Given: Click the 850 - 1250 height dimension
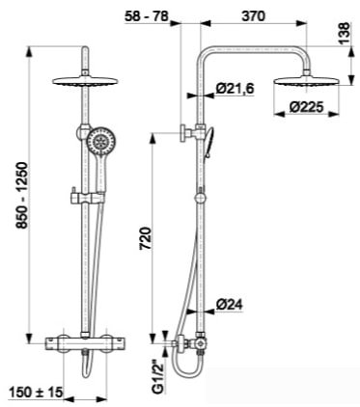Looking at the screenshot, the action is [22, 196].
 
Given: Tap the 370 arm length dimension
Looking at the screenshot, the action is [254, 15].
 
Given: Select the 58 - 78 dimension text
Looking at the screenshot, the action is [147, 15].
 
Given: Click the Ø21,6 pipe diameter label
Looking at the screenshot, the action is [235, 88].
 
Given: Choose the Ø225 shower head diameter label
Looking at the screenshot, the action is [306, 107].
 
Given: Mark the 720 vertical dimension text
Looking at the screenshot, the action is [146, 238].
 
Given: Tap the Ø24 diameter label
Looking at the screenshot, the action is [230, 304].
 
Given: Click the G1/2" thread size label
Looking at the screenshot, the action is [158, 376].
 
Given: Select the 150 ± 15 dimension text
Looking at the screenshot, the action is [36, 392].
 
